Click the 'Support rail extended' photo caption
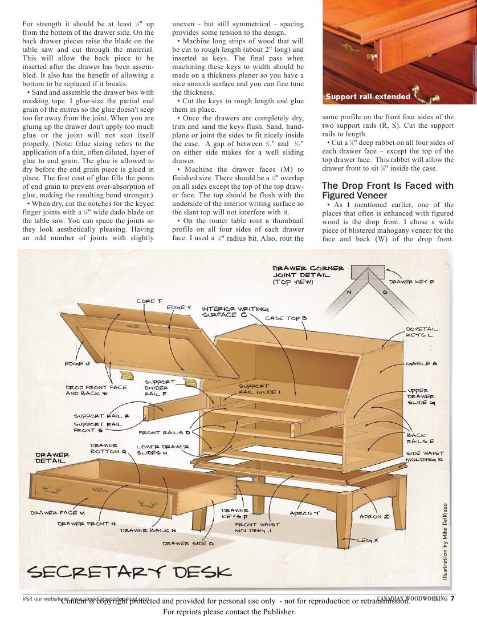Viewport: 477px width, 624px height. pyautogui.click(x=368, y=97)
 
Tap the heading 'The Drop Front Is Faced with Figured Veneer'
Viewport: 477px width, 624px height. pyautogui.click(x=388, y=191)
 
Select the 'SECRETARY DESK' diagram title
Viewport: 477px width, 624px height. pyautogui.click(x=129, y=571)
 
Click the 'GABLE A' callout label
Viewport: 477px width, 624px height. pyautogui.click(x=421, y=363)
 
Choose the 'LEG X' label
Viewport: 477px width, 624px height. pyautogui.click(x=368, y=540)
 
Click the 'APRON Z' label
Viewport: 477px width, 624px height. pyautogui.click(x=374, y=516)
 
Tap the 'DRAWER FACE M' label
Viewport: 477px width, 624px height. pyautogui.click(x=57, y=512)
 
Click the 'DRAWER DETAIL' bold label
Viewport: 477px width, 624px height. pyautogui.click(x=52, y=457)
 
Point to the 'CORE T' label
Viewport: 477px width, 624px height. pyautogui.click(x=149, y=301)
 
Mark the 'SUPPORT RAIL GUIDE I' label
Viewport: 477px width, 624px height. pyautogui.click(x=259, y=389)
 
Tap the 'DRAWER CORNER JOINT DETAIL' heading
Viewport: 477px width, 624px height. pyautogui.click(x=308, y=274)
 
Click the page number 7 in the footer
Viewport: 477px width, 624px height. pyautogui.click(x=452, y=598)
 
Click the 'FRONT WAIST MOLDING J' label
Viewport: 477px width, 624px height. pyautogui.click(x=254, y=527)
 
